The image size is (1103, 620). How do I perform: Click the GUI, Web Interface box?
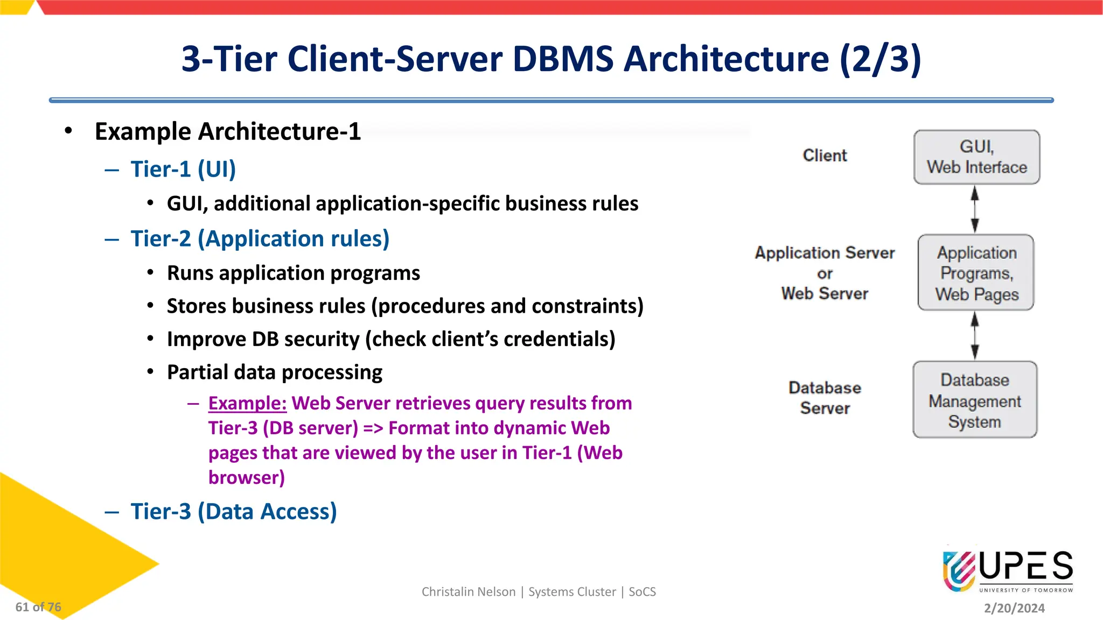click(976, 157)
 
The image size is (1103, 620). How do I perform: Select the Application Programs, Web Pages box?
click(976, 273)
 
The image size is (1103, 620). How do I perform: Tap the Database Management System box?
click(975, 400)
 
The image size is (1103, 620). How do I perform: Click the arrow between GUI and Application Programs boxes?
click(975, 209)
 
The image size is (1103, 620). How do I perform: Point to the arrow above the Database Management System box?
click(975, 336)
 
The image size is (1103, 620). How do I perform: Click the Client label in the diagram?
click(825, 156)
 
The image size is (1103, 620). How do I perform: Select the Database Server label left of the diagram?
click(825, 398)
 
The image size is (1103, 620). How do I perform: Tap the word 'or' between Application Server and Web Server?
click(825, 273)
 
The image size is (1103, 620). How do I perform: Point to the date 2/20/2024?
click(1014, 608)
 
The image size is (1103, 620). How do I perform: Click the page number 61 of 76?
click(38, 607)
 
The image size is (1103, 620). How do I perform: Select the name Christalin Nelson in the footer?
click(469, 592)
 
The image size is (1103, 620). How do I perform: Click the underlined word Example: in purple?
click(247, 403)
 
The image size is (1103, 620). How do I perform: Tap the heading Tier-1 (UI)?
click(183, 170)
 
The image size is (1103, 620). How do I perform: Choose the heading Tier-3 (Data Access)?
click(234, 512)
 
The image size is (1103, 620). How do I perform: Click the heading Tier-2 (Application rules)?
click(260, 239)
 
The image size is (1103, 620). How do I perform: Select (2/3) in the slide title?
click(880, 59)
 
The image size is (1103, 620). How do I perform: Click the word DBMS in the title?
click(563, 59)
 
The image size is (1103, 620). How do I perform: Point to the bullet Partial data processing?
click(275, 372)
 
